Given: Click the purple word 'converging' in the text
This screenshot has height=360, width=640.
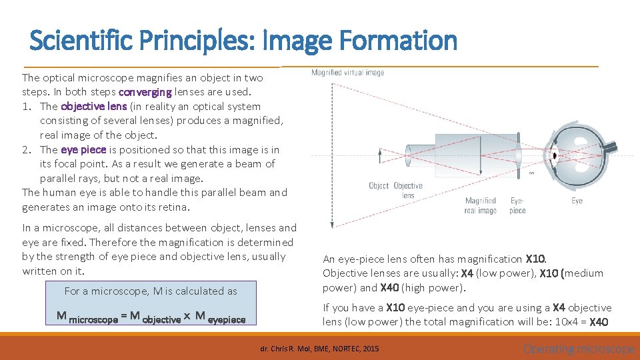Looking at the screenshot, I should [145, 92].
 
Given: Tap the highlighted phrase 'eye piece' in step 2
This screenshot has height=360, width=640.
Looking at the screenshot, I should [83, 149].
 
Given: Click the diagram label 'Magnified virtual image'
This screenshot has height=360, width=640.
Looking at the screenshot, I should [347, 73].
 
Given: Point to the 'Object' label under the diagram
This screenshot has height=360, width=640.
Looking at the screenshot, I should [379, 186].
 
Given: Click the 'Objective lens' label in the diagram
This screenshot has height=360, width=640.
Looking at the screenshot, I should [408, 190].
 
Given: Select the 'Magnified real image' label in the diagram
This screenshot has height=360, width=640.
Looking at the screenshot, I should [480, 205].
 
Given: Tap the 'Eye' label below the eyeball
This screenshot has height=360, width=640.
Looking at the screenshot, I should [577, 201].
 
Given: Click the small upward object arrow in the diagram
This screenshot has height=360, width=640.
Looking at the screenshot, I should [380, 155].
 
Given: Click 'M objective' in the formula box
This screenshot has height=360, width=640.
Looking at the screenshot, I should [155, 319].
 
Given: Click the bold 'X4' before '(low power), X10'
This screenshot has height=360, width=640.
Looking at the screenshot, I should [467, 273].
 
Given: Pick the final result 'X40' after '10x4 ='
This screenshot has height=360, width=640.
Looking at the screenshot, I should [599, 322].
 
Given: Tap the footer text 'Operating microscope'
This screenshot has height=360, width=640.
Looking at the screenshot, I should [579, 349].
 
